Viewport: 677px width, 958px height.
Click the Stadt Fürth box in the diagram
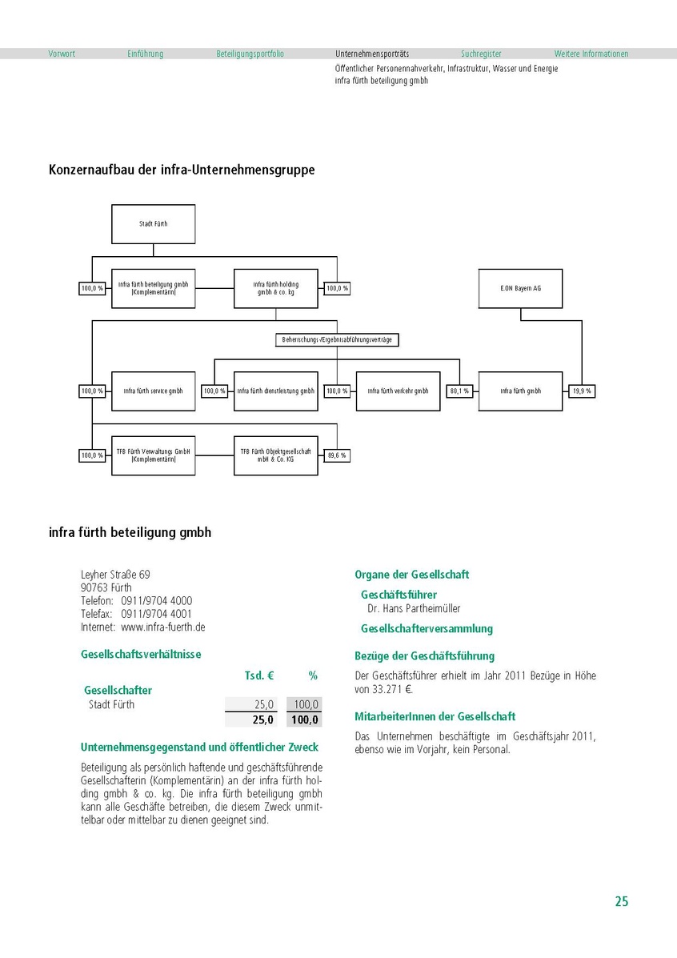[153, 223]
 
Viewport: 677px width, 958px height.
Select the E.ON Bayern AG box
[520, 288]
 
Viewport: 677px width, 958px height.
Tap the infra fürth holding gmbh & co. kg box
[275, 288]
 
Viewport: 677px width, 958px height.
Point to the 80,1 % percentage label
[459, 391]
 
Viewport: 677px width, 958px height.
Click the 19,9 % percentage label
[582, 391]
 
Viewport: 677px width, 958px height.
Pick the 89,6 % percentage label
[337, 455]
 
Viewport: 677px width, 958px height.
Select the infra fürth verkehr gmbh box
[398, 391]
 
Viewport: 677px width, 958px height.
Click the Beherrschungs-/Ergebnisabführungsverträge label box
[337, 340]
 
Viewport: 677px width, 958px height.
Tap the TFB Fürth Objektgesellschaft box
[275, 455]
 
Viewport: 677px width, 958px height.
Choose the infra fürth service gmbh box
[153, 391]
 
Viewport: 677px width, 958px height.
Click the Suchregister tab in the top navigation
[481, 54]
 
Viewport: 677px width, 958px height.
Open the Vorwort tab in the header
[62, 54]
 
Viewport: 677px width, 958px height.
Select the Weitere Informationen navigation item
[591, 54]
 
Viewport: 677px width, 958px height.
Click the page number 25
[622, 902]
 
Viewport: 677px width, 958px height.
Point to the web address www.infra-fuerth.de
[163, 627]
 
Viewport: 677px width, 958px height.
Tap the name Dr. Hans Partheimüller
[414, 609]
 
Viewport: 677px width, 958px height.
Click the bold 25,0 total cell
[263, 720]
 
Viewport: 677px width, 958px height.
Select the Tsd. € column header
[259, 676]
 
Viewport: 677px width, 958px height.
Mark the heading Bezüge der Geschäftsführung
[424, 656]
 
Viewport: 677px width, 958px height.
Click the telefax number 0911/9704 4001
[157, 614]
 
